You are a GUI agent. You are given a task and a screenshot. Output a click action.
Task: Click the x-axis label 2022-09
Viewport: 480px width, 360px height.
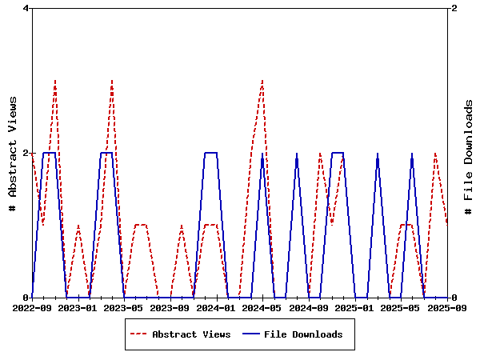(x=32, y=307)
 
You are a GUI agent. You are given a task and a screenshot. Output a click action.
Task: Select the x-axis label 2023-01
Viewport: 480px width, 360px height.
(x=78, y=307)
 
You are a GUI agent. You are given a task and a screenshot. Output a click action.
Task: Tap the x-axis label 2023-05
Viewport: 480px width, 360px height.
(x=124, y=307)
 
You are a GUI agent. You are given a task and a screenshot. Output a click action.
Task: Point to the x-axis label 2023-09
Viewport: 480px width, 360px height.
(x=170, y=307)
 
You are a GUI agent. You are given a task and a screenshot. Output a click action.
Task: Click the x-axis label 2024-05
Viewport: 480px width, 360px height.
(x=262, y=307)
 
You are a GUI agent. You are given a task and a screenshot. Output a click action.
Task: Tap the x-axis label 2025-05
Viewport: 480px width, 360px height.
(x=401, y=307)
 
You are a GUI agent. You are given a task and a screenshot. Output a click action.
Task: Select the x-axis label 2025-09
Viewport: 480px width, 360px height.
(x=447, y=307)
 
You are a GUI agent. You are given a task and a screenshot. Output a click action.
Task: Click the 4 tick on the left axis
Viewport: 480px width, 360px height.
(x=26, y=8)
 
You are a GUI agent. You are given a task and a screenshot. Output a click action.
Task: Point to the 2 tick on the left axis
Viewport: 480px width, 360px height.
(x=26, y=153)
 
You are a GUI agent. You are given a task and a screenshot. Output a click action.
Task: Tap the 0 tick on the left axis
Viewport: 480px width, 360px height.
(x=26, y=298)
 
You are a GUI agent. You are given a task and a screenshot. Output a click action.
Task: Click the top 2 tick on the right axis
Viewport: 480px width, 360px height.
(x=454, y=8)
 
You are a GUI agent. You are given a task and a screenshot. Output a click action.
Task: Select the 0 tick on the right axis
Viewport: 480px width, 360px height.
(x=454, y=298)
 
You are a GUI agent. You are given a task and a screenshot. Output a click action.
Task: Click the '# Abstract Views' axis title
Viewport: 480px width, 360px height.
(x=12, y=153)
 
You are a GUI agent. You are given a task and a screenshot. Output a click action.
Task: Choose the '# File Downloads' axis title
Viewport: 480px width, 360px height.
(x=469, y=153)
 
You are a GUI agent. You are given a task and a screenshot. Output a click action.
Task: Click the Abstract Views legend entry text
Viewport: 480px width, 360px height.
(x=191, y=334)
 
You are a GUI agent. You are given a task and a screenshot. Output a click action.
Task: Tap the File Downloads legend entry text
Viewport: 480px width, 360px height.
(x=303, y=334)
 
